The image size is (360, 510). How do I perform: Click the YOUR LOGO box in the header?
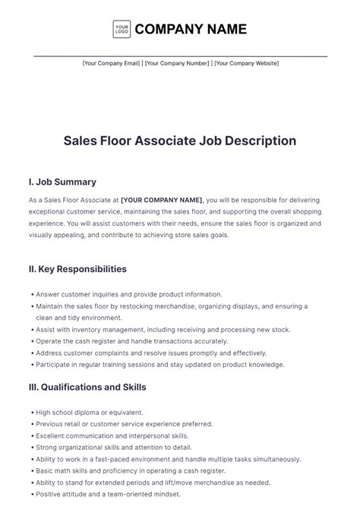[122, 30]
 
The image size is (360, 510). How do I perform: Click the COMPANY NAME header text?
[191, 30]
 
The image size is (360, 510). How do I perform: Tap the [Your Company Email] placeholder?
[111, 63]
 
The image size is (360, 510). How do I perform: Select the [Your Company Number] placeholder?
[177, 63]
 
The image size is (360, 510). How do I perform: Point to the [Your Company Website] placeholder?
[246, 63]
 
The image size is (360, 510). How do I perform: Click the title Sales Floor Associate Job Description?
[180, 141]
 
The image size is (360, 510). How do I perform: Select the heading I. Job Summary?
[62, 182]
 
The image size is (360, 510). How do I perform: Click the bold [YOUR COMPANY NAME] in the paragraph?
[161, 200]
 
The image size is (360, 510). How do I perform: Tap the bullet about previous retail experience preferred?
[126, 423]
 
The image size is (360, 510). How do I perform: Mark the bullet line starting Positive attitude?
[124, 495]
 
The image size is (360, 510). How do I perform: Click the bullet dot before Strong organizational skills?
[32, 448]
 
